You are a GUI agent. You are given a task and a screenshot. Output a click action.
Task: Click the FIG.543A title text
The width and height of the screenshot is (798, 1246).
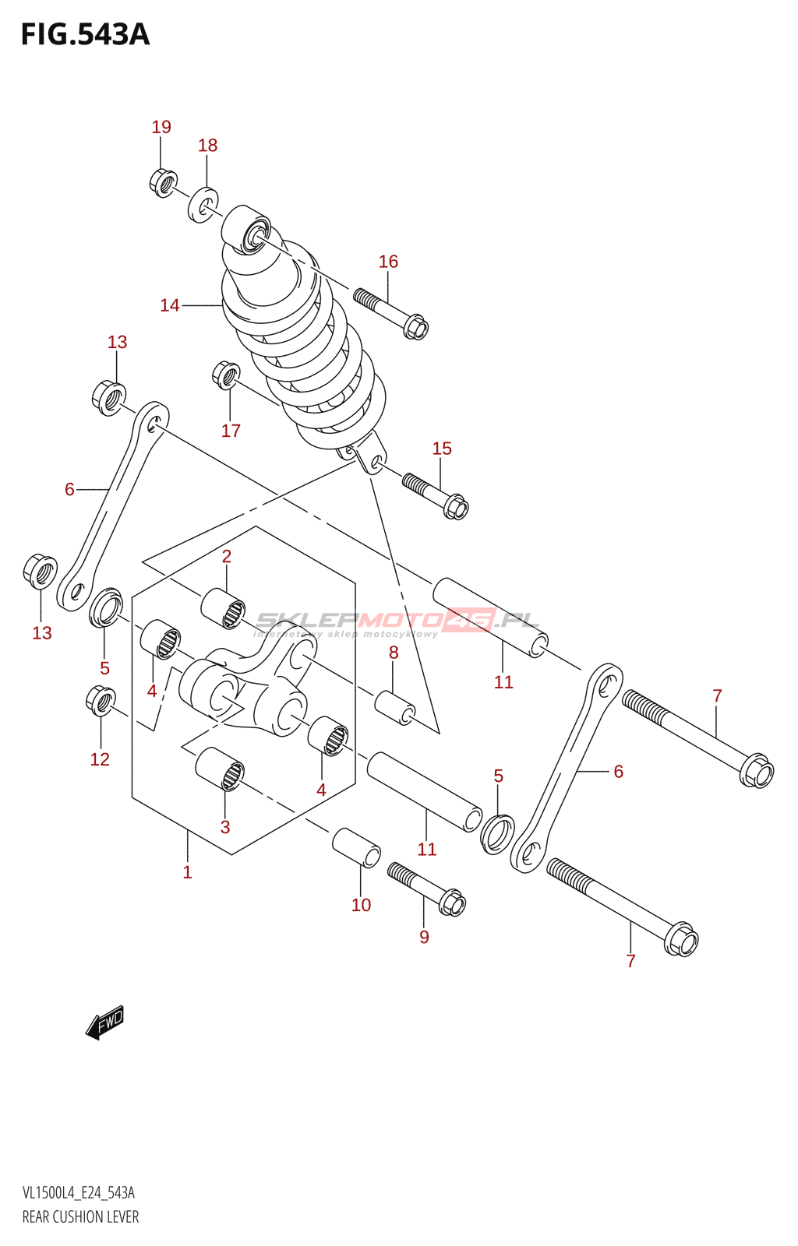85,35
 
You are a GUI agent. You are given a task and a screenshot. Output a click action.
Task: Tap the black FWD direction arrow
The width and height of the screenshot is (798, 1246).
105,1022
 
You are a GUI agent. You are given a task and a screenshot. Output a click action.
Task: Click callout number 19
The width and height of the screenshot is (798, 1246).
161,127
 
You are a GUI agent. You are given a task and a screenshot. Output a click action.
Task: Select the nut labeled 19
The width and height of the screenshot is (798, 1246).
162,182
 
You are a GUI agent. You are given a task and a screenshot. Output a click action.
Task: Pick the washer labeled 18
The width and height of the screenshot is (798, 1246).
203,204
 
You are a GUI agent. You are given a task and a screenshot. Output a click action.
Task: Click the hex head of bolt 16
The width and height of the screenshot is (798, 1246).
416,327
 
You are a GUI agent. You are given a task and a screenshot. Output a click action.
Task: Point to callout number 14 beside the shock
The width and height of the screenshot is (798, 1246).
170,305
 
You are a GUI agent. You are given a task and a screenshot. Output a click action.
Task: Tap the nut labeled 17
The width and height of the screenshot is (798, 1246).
225,375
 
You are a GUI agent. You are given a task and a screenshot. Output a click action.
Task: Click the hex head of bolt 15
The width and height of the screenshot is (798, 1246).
456,508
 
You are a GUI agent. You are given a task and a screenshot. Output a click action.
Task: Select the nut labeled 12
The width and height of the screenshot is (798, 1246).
101,701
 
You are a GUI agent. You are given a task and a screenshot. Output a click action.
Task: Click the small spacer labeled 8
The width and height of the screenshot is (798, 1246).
395,706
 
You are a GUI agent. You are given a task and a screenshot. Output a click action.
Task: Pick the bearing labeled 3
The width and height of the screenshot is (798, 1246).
220,769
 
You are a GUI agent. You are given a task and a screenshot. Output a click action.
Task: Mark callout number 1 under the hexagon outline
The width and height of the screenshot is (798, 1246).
187,872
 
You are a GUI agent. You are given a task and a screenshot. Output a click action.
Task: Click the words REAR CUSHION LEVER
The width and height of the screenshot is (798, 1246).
80,1217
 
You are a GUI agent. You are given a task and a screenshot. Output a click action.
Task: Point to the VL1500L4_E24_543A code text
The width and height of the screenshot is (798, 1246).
78,1193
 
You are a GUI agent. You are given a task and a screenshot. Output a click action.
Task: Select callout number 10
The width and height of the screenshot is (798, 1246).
361,905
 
